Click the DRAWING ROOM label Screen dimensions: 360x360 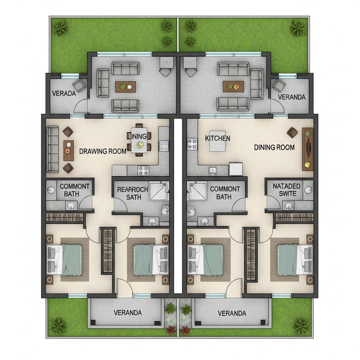103,151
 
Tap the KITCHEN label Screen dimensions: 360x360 218,138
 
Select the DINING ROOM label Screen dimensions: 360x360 274,147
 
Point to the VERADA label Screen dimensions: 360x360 63,94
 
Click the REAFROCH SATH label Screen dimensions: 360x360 130,193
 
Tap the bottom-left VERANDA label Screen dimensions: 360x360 128,313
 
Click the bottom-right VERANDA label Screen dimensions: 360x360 232,313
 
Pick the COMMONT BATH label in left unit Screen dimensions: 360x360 75,190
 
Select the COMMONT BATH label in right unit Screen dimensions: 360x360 225,193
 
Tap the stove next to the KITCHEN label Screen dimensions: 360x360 192,144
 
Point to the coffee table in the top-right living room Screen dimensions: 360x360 233,86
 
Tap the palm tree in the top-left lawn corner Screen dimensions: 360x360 59,28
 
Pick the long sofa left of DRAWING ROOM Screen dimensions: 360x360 53,149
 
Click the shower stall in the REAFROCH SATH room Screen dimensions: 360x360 159,191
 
